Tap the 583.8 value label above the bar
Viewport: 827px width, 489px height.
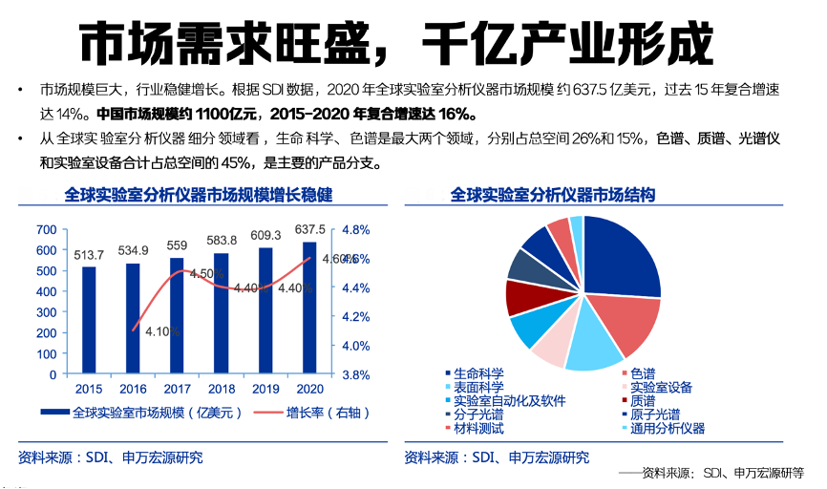(x=221, y=239)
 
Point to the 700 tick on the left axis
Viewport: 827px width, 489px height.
(x=46, y=230)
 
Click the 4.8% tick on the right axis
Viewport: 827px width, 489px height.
(x=354, y=230)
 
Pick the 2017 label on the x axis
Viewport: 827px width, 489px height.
(x=177, y=390)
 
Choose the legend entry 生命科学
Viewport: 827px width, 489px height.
(x=478, y=373)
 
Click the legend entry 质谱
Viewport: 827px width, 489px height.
(x=642, y=401)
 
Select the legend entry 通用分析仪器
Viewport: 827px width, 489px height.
(x=666, y=429)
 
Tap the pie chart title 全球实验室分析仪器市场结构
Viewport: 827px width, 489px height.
(x=553, y=195)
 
